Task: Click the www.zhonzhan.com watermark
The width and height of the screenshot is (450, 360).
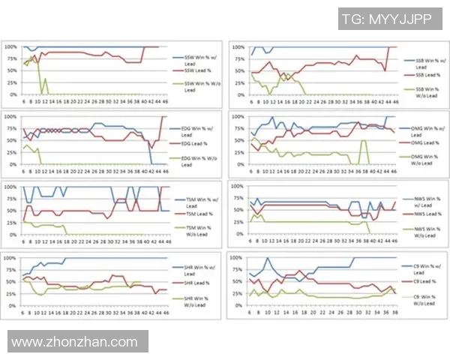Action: click(x=74, y=341)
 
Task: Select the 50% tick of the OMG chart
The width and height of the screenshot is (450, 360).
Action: click(x=237, y=140)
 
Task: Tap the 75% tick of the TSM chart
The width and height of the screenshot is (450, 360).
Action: click(x=12, y=198)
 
